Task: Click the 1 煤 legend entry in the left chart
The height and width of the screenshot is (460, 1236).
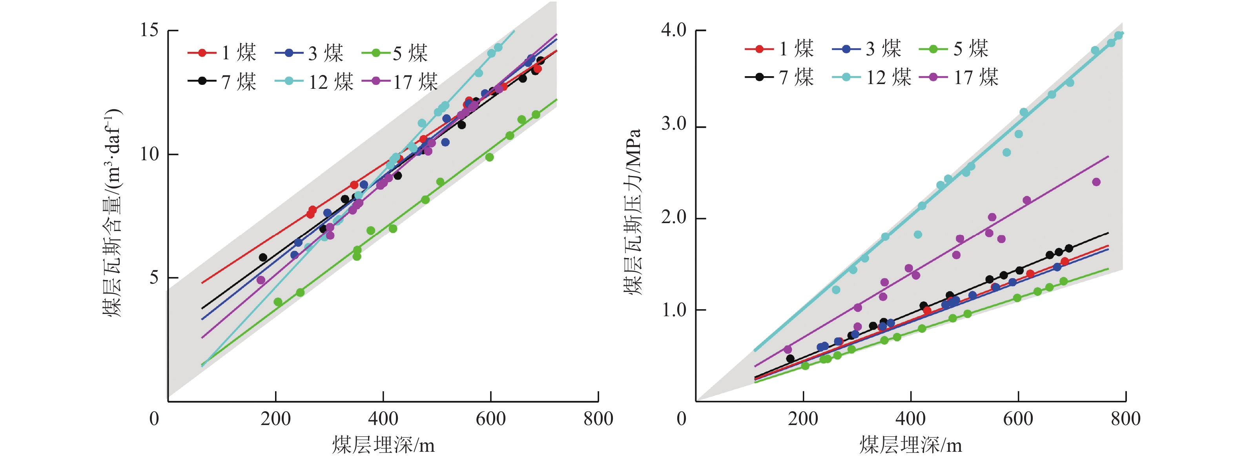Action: pos(222,52)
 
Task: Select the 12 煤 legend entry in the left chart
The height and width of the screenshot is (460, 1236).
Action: pos(314,82)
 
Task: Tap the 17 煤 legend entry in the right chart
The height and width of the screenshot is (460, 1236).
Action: pos(959,77)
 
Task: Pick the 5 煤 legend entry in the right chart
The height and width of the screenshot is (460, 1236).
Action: pos(954,48)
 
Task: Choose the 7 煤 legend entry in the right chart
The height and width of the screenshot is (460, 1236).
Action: pos(780,77)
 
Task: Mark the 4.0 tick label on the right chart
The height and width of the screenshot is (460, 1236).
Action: pos(674,30)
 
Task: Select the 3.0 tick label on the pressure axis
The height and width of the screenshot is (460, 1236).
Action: pos(674,124)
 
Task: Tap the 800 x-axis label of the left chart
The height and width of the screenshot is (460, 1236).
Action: pos(598,419)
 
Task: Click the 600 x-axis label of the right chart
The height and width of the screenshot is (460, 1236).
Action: pos(1018,419)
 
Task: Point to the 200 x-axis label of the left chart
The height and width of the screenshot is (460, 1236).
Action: pos(275,419)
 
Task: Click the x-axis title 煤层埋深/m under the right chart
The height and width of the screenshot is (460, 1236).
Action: pos(910,445)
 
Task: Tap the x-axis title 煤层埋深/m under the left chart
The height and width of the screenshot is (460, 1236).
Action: pos(383,445)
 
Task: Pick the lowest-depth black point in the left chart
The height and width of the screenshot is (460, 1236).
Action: pos(263,258)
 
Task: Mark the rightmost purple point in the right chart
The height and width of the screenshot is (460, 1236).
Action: pos(1096,182)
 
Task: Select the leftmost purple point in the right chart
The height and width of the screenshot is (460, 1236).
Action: pos(788,350)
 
